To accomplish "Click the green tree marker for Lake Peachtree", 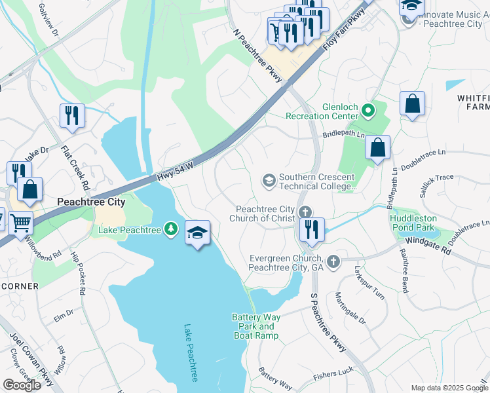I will click(171, 229).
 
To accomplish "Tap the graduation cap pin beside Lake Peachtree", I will click(197, 234).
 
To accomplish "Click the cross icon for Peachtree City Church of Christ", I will click(304, 212).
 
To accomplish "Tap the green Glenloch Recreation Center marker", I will click(368, 110).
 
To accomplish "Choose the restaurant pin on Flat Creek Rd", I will click(71, 116).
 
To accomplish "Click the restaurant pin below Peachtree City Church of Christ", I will click(312, 230).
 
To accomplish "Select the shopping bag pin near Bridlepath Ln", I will click(378, 148).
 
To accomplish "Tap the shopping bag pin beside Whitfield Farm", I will click(412, 103).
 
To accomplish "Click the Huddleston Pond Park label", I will click(413, 223).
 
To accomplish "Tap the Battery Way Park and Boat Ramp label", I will click(256, 326).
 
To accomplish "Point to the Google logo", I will click(22, 384).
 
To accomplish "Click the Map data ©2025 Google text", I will click(449, 388).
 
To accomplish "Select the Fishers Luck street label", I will click(333, 371).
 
